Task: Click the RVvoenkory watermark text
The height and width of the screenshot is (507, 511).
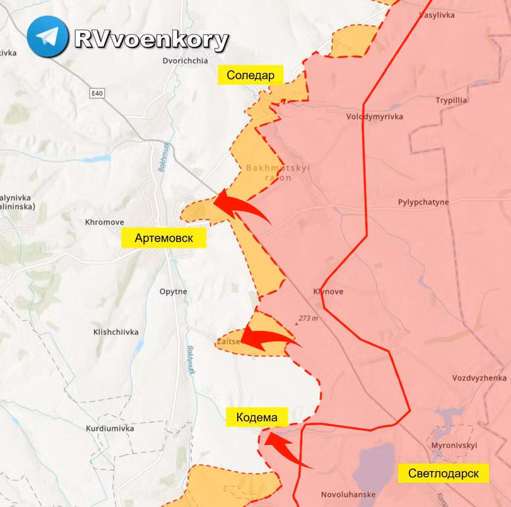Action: (x=151, y=40)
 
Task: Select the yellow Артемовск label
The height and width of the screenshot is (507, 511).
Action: (x=163, y=238)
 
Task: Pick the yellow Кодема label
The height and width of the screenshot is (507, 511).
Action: (x=257, y=417)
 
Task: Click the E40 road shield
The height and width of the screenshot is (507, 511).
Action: (x=97, y=93)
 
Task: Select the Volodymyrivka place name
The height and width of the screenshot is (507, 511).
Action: (x=374, y=117)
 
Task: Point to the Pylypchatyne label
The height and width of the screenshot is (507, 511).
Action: (x=423, y=202)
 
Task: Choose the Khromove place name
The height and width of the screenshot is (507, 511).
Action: (x=104, y=222)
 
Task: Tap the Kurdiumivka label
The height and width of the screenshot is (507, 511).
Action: (x=110, y=428)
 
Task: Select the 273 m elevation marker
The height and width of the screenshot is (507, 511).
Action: (x=308, y=318)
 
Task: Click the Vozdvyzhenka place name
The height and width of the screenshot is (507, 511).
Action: (x=479, y=378)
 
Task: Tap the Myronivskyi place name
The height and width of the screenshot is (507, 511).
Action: (x=454, y=445)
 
